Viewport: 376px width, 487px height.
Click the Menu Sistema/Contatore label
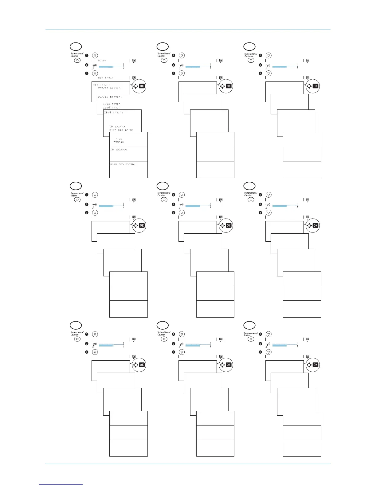coord(251,55)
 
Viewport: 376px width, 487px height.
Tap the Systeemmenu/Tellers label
coord(77,194)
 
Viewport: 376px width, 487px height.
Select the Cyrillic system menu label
coord(251,334)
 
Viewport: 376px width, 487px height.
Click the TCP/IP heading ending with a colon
coord(110,97)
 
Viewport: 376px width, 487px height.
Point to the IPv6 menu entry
coord(112,108)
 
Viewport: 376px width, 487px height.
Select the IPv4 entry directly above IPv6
coord(112,104)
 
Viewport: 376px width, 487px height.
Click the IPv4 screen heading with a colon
coord(113,113)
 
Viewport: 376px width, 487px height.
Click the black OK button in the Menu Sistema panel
coord(315,86)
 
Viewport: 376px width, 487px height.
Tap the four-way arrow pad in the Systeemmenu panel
coord(135,225)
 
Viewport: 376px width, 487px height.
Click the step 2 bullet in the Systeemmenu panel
coord(87,204)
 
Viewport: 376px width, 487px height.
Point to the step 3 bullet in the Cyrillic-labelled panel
coord(260,352)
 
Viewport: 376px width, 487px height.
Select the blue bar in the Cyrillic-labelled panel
coord(280,345)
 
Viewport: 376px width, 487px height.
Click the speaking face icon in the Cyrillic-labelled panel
coord(268,345)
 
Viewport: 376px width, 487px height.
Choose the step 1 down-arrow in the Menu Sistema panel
coord(269,55)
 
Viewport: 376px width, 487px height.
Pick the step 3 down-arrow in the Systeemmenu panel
coord(95,213)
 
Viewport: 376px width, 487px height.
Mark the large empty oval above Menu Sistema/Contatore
coord(249,46)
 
